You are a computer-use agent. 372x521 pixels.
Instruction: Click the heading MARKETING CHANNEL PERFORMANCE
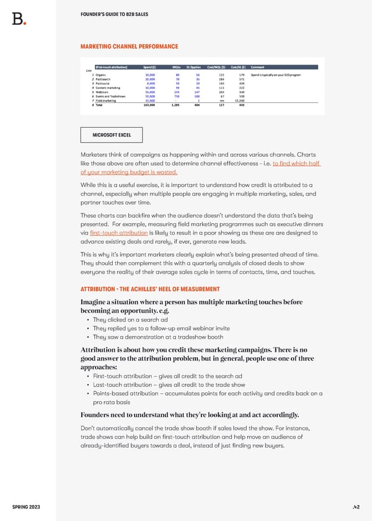[x=129, y=47]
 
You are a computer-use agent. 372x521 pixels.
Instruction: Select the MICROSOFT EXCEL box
[x=112, y=135]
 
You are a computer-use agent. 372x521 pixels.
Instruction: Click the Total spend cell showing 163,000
[x=148, y=105]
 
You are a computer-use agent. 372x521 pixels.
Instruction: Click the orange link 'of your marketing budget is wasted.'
[x=129, y=172]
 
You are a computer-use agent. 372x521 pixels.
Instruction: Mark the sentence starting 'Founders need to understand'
[x=189, y=415]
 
